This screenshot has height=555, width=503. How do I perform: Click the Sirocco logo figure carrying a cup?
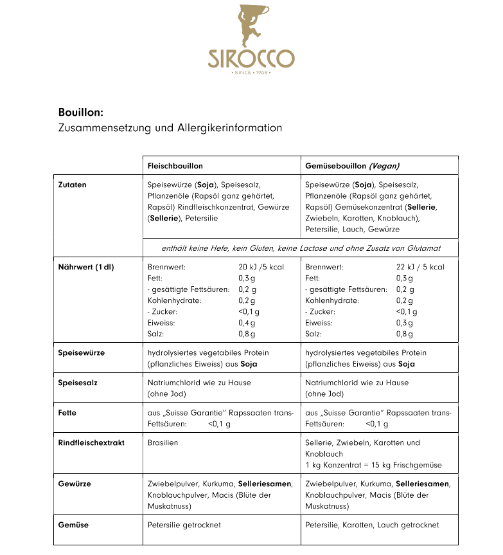tap(251, 26)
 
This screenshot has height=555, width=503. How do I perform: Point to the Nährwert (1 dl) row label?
tap(85, 267)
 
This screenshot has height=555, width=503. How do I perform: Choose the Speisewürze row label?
tap(81, 353)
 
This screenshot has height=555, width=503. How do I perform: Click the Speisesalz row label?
tap(78, 383)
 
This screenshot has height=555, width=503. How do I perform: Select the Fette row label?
tap(68, 413)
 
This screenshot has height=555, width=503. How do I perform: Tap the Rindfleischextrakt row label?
tap(91, 442)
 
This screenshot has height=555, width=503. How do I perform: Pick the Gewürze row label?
tap(75, 484)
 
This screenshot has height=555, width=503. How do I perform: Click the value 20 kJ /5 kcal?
tap(261, 267)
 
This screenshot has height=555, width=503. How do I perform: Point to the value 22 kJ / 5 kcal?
tap(420, 267)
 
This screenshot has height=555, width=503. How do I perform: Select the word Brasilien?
tap(163, 442)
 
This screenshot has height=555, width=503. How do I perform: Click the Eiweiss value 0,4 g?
tap(247, 323)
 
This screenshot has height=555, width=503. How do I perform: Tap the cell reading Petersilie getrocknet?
tap(184, 525)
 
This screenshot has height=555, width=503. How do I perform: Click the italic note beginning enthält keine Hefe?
tap(301, 248)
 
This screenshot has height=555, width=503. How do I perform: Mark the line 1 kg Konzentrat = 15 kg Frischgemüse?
tap(373, 465)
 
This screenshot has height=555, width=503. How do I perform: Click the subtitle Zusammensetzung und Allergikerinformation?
tap(170, 128)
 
